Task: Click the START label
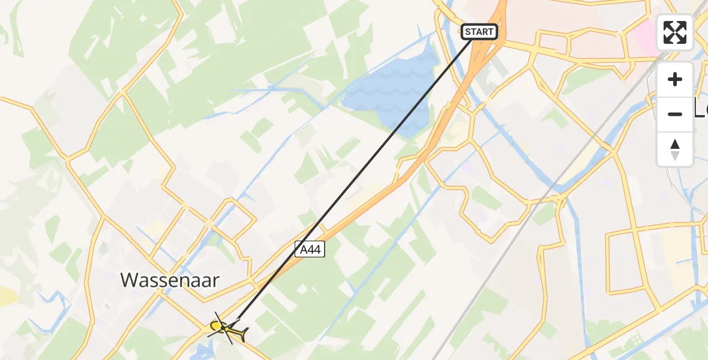coord(479,32)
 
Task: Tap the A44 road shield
coord(310,250)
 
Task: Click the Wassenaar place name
coord(170,280)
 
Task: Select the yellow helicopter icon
coord(227,328)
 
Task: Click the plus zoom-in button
coord(675,79)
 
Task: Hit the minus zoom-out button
coord(675,114)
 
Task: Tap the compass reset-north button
coord(675,149)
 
